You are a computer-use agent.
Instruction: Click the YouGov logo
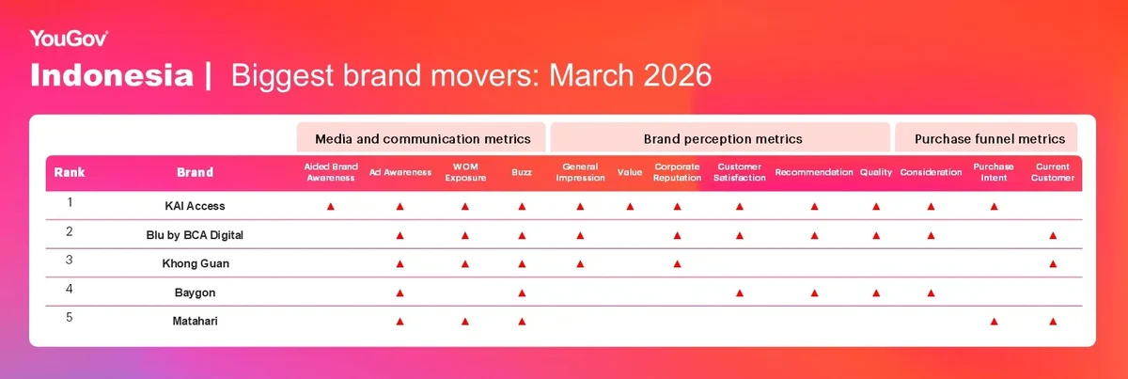pyautogui.click(x=69, y=39)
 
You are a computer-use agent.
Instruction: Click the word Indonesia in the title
pyautogui.click(x=112, y=75)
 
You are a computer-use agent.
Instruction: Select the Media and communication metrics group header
pyautogui.click(x=422, y=139)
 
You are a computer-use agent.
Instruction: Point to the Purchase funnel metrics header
pyautogui.click(x=990, y=139)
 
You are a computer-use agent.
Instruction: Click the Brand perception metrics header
pyautogui.click(x=723, y=139)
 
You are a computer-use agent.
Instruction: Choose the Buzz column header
pyautogui.click(x=522, y=172)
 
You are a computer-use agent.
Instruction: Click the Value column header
pyautogui.click(x=630, y=172)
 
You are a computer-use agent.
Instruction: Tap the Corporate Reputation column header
pyautogui.click(x=677, y=172)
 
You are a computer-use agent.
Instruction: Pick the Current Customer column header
pyautogui.click(x=1053, y=172)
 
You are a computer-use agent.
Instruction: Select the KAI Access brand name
pyautogui.click(x=195, y=206)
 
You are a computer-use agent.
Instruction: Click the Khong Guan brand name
pyautogui.click(x=196, y=263)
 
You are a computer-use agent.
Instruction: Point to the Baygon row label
pyautogui.click(x=195, y=292)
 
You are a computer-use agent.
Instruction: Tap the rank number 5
pyautogui.click(x=70, y=318)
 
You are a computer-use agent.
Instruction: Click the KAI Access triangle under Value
pyautogui.click(x=630, y=207)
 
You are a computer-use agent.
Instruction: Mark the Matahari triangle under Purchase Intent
pyautogui.click(x=995, y=322)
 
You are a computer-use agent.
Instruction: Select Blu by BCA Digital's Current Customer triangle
pyautogui.click(x=1053, y=235)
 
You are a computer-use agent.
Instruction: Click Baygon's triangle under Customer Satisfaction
pyautogui.click(x=740, y=292)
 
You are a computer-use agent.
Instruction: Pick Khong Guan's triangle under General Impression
pyautogui.click(x=580, y=264)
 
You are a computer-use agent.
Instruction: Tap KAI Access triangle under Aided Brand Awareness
pyautogui.click(x=331, y=207)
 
